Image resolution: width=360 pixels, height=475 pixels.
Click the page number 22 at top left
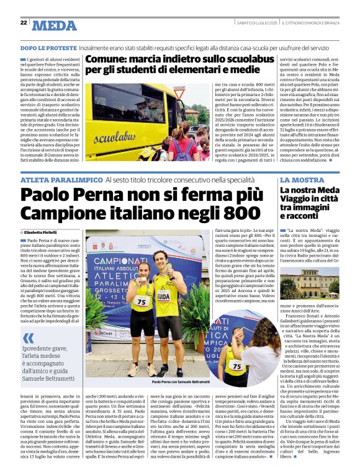[24, 23]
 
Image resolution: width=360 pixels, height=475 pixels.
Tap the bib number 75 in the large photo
[142, 302]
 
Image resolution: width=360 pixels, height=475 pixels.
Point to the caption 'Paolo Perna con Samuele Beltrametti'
[181, 383]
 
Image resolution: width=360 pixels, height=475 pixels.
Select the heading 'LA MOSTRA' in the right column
[301, 179]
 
